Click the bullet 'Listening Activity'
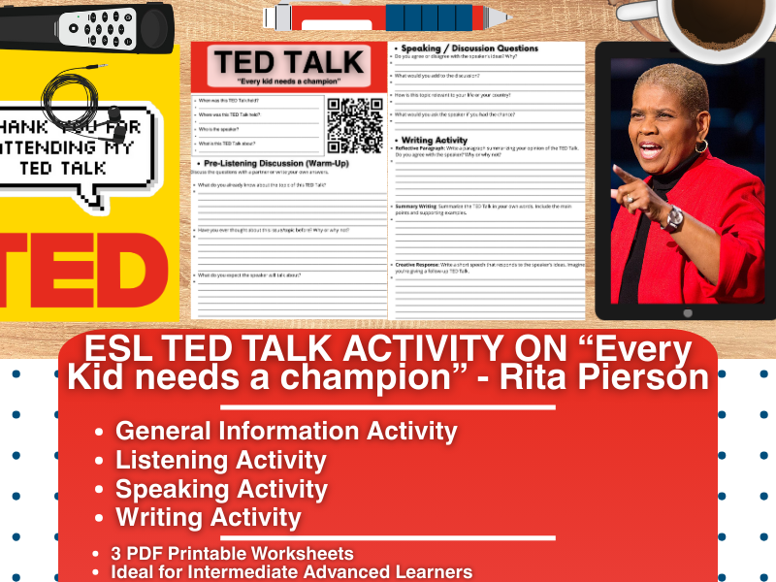tap(221, 461)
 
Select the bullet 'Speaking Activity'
tap(221, 489)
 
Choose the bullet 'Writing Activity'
tap(209, 518)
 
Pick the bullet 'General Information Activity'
tap(286, 432)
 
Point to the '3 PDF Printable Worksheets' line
tap(233, 554)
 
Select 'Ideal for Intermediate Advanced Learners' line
tap(291, 572)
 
